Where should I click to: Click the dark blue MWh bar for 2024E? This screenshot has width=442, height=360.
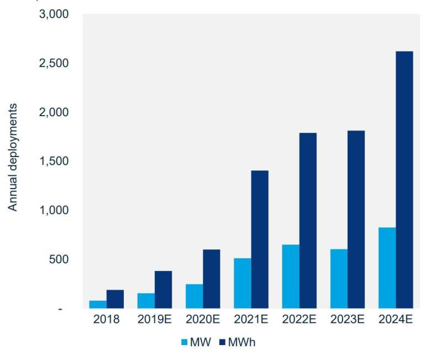404,180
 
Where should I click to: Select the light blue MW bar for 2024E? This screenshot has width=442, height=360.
387,268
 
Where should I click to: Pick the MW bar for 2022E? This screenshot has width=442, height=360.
291,276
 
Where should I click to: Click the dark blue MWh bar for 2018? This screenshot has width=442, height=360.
115,299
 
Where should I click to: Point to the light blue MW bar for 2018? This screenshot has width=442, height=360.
98,304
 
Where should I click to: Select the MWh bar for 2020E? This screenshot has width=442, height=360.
211,279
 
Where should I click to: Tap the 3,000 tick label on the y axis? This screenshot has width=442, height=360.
54,14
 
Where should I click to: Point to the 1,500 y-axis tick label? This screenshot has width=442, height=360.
54,161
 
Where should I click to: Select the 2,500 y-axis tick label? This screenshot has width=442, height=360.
54,64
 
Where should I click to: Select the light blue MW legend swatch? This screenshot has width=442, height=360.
184,342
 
